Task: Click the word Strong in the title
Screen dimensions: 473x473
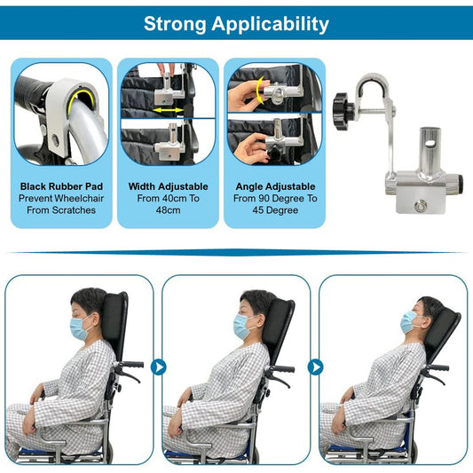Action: pos(175,24)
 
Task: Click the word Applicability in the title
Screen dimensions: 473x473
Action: pos(270,24)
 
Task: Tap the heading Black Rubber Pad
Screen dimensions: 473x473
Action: pos(61,186)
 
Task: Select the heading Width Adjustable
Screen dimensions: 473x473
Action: pos(168,186)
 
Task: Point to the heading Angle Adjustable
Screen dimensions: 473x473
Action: pos(275,186)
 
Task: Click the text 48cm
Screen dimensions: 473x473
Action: pos(168,210)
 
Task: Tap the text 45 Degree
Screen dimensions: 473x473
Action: pos(275,210)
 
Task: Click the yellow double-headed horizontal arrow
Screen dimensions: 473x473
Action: pos(168,110)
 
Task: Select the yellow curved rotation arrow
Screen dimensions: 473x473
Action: pos(259,91)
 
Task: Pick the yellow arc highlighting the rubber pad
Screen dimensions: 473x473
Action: pos(80,97)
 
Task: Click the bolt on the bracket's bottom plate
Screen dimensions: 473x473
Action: pos(420,207)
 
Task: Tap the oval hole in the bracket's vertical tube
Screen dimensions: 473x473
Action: pos(432,143)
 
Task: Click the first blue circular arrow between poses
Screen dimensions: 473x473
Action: pos(158,367)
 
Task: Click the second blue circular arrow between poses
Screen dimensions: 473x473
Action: pos(316,367)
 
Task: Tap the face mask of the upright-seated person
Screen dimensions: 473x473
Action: pos(80,328)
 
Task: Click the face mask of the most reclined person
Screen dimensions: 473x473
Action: pos(409,323)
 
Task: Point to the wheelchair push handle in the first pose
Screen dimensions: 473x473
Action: pos(133,365)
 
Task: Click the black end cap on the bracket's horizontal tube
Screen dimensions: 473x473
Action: pos(459,180)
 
